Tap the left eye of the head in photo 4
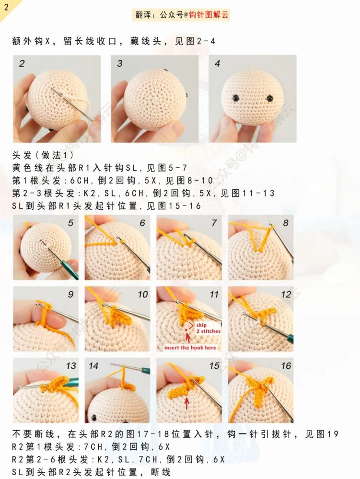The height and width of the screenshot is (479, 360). coord(236,98)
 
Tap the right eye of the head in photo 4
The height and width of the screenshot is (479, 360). coord(270,98)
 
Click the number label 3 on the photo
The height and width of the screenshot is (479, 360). coord(119,64)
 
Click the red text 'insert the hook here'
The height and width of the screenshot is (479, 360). coord(190,348)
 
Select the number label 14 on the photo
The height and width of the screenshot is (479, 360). coord(93,365)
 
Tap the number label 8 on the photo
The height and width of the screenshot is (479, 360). coord(285,223)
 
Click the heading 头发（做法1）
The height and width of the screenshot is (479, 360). coord(43,155)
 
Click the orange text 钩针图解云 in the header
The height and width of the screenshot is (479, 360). coord(209,15)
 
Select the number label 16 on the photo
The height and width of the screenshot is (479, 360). coord(286,365)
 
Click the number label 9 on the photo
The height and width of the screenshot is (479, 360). coord(70,295)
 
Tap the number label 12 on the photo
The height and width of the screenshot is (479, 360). coord(286,295)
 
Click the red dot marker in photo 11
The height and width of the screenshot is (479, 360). coord(186,331)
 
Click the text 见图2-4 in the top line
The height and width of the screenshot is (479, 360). coord(195,41)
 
